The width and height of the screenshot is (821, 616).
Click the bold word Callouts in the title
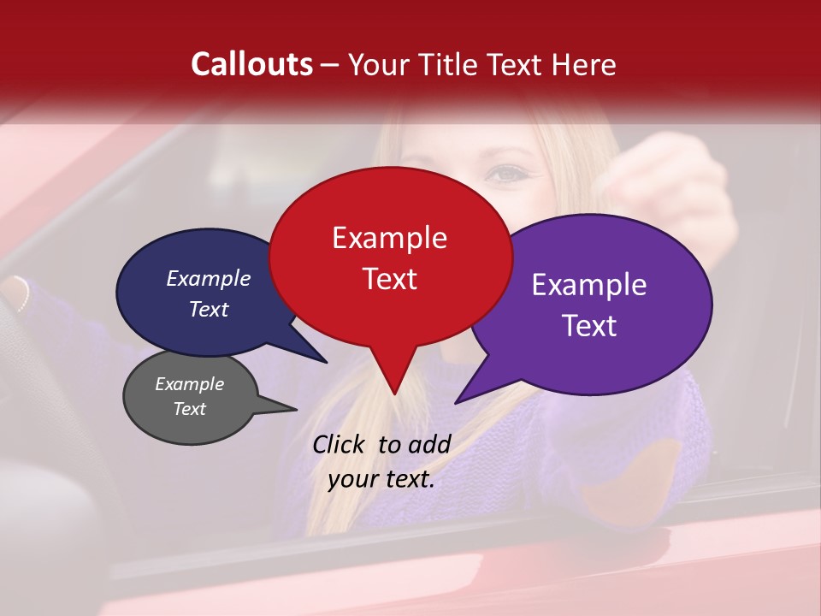tap(252, 64)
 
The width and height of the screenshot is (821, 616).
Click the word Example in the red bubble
tap(389, 238)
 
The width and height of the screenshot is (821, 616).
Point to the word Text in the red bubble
tap(389, 279)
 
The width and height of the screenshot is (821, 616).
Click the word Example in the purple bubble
tap(589, 285)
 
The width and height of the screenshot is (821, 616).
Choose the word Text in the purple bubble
tap(589, 326)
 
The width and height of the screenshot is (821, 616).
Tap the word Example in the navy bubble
tap(208, 278)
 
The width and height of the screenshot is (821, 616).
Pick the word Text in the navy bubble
tap(208, 309)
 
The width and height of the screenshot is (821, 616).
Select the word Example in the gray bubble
tap(189, 384)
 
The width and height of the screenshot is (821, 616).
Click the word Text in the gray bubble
tap(189, 409)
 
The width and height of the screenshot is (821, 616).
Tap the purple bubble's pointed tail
tap(460, 400)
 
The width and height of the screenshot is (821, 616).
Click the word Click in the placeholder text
tap(340, 444)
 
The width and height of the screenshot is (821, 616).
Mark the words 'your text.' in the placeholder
tap(381, 479)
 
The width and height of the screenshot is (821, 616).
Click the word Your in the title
tap(381, 64)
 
